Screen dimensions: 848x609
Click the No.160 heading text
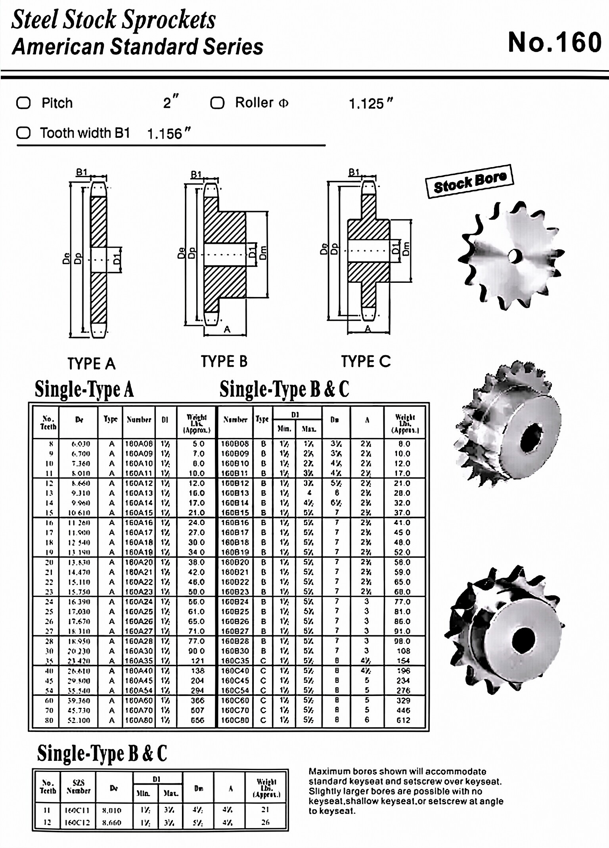554,42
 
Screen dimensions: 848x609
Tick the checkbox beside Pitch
23,103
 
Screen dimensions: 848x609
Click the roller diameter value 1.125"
371,104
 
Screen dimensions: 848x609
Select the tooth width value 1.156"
169,134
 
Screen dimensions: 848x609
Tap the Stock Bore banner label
469,181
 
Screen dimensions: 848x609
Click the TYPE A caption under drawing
91,363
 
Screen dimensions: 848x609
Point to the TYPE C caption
366,361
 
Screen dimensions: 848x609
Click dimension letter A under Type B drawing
227,329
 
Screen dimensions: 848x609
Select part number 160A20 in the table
139,562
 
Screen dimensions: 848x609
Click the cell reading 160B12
235,483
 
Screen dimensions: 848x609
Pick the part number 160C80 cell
235,720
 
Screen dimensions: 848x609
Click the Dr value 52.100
79,720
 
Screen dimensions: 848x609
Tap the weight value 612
403,720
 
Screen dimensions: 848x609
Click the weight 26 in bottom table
265,822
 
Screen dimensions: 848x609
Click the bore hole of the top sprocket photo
514,256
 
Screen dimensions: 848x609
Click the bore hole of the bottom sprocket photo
523,640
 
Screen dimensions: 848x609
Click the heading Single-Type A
84,389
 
